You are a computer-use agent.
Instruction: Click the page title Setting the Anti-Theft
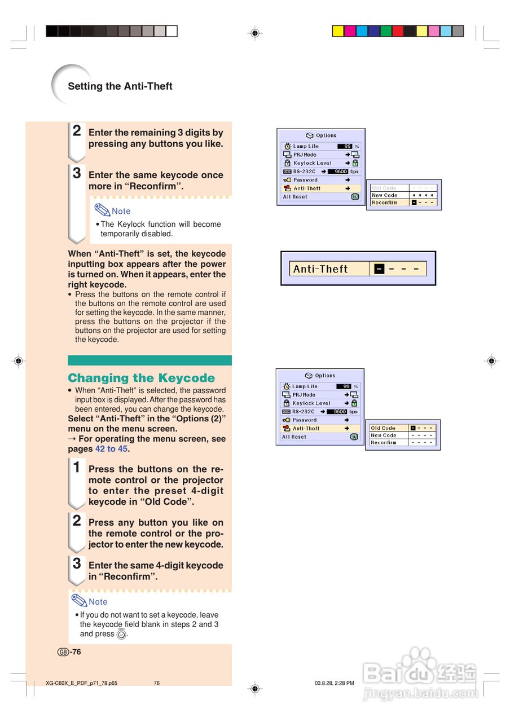[x=120, y=86]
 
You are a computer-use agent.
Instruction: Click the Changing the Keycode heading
[x=141, y=378]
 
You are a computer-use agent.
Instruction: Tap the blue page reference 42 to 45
[x=111, y=449]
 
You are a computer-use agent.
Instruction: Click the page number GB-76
[x=69, y=652]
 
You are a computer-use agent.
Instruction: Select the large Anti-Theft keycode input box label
[x=320, y=269]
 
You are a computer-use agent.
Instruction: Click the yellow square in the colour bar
[x=338, y=31]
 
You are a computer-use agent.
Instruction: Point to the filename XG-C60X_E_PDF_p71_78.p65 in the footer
[x=81, y=683]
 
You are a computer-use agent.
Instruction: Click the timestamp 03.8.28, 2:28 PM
[x=334, y=683]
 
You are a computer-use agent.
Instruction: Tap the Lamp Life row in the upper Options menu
[x=306, y=146]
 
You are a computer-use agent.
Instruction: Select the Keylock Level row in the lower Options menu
[x=311, y=403]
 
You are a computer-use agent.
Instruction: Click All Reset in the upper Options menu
[x=295, y=197]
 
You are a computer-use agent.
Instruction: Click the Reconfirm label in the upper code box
[x=384, y=202]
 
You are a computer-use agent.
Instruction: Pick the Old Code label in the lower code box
[x=383, y=428]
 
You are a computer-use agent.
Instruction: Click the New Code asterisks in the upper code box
[x=423, y=195]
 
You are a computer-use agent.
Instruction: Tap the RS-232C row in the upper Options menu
[x=305, y=171]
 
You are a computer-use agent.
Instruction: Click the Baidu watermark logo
[x=420, y=671]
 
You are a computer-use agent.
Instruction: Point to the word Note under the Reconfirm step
[x=121, y=211]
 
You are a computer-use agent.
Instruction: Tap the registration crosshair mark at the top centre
[x=255, y=33]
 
